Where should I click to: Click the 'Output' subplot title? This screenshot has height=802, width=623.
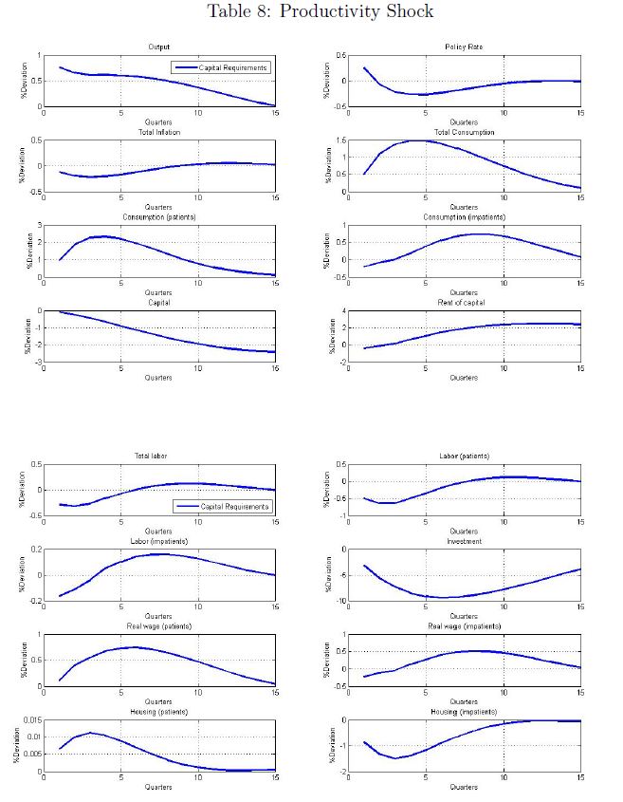pyautogui.click(x=158, y=47)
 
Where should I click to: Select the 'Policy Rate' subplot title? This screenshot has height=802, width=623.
pyautogui.click(x=464, y=47)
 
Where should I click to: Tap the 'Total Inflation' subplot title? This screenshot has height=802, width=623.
pyautogui.click(x=158, y=132)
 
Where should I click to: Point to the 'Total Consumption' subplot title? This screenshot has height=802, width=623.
pyautogui.click(x=464, y=132)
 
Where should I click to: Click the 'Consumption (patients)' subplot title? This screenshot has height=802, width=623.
pyautogui.click(x=158, y=216)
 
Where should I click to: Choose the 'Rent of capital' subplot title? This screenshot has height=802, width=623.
pyautogui.click(x=464, y=303)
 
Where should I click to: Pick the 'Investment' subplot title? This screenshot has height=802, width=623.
pyautogui.click(x=464, y=541)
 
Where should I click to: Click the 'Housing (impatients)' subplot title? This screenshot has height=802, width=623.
pyautogui.click(x=464, y=711)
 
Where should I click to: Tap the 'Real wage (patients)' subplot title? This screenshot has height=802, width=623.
pyautogui.click(x=158, y=625)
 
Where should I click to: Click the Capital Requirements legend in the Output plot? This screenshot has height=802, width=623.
pyautogui.click(x=221, y=67)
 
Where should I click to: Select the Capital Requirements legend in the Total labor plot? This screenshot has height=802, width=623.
pyautogui.click(x=221, y=506)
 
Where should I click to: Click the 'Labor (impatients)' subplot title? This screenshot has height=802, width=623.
pyautogui.click(x=158, y=541)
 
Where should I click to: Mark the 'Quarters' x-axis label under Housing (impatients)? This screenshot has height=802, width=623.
pyautogui.click(x=464, y=787)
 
